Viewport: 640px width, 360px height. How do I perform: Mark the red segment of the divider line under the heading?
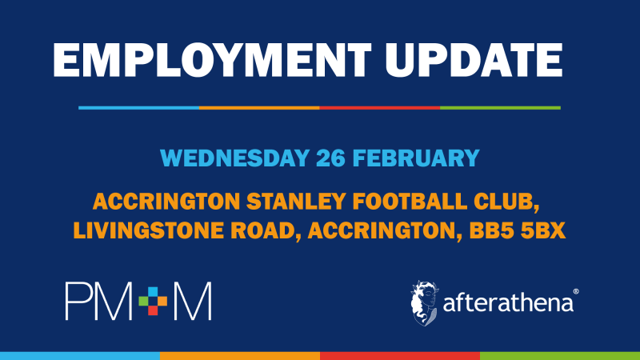pos(379,107)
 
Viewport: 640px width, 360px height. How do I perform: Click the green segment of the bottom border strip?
pos(560,355)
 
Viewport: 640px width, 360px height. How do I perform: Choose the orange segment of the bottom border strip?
pos(240,355)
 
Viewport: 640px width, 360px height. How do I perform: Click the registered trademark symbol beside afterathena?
pos(575,293)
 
